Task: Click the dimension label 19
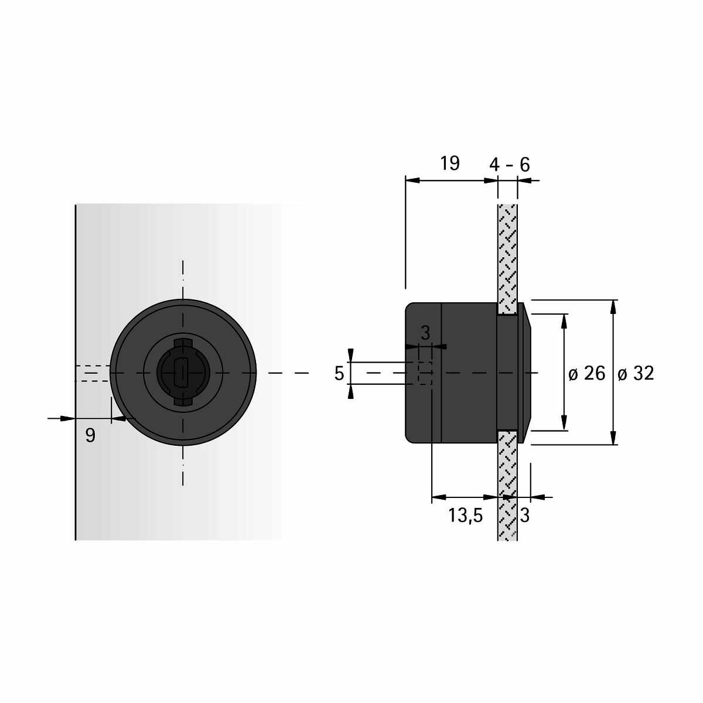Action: pyautogui.click(x=449, y=163)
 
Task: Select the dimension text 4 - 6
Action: pyautogui.click(x=509, y=165)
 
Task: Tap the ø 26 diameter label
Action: pyautogui.click(x=586, y=373)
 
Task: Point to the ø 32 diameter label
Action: pyautogui.click(x=636, y=373)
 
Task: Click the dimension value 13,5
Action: pyautogui.click(x=466, y=516)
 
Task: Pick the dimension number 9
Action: pyautogui.click(x=90, y=435)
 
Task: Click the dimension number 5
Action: pyautogui.click(x=339, y=374)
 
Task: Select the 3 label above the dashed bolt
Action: pyautogui.click(x=425, y=333)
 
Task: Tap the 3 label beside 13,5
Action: pyautogui.click(x=524, y=516)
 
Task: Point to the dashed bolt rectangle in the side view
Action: pyautogui.click(x=425, y=373)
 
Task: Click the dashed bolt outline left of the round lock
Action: pyautogui.click(x=93, y=373)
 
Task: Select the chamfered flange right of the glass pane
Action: pyautogui.click(x=524, y=373)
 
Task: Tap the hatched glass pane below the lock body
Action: pyautogui.click(x=507, y=485)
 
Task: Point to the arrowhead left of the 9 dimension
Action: pyautogui.click(x=68, y=418)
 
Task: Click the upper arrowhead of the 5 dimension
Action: pyautogui.click(x=350, y=356)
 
